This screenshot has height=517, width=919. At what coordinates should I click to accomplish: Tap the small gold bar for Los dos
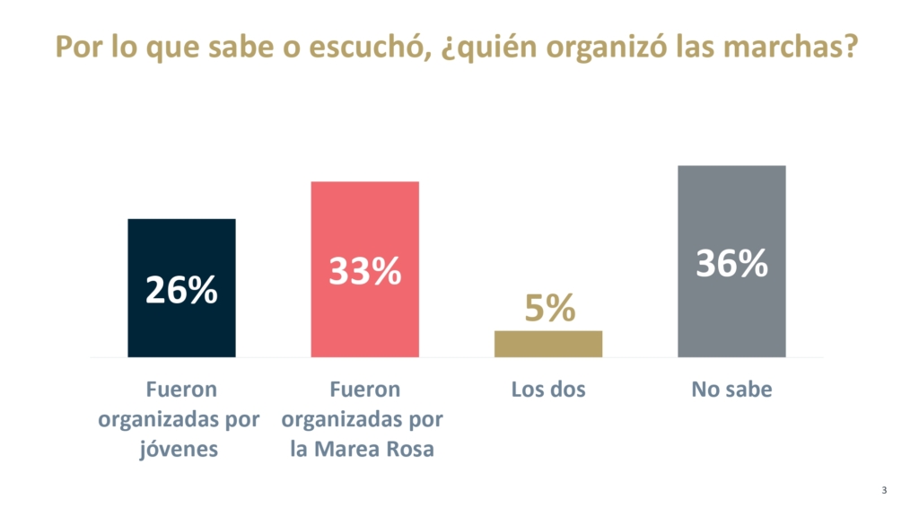[x=547, y=344]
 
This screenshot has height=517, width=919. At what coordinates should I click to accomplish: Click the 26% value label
[x=181, y=290]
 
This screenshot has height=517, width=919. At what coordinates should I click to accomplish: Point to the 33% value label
[x=364, y=271]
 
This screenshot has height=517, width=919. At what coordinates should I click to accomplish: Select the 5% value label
[x=549, y=309]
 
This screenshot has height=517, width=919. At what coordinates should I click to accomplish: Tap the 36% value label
[x=731, y=264]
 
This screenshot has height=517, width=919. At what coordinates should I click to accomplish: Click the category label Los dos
[x=547, y=390]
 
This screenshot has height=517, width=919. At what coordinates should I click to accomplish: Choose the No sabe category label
[x=731, y=390]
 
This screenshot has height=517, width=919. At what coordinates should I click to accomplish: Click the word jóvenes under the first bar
[x=179, y=449]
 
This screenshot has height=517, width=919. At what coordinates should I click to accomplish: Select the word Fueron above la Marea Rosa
[x=364, y=390]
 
